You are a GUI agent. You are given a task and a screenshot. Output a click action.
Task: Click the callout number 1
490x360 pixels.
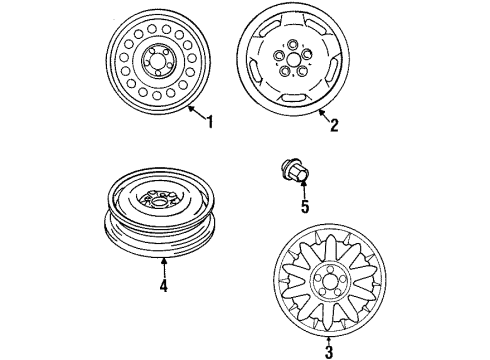click(x=210, y=123)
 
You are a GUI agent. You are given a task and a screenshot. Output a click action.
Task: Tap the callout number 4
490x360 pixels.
click(x=164, y=287)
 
